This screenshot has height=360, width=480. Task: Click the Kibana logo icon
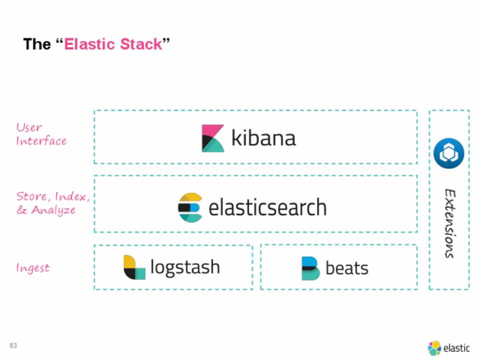[213, 138]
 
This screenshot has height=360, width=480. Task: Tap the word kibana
[263, 138]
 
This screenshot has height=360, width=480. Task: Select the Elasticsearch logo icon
[190, 207]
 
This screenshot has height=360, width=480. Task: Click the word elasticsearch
[267, 207]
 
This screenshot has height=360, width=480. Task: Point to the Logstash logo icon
[134, 267]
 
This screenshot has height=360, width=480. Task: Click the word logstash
[185, 267]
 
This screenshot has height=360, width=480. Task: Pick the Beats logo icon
[310, 268]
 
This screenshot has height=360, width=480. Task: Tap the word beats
[347, 268]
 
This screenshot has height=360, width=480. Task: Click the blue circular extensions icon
[448, 154]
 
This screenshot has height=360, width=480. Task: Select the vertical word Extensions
[449, 223]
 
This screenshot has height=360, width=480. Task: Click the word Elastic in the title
[89, 44]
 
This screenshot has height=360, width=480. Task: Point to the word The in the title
[37, 44]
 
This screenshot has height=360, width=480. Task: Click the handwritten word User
[29, 127]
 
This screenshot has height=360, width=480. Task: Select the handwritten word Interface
[41, 141]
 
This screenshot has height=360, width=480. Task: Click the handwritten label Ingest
[33, 268]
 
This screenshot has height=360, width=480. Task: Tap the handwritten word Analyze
[53, 210]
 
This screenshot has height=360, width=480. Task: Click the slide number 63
[13, 346]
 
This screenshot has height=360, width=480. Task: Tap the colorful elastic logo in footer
[434, 348]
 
